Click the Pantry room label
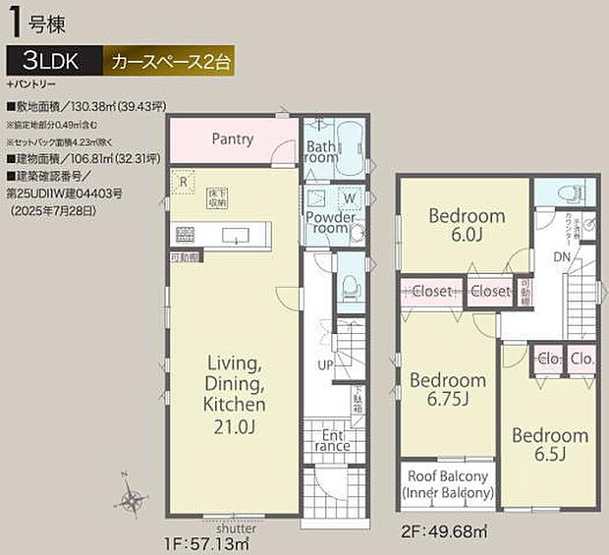click(x=232, y=139)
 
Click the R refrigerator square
click(x=183, y=181)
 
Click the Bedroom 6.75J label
click(x=447, y=391)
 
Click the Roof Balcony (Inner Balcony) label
click(x=447, y=483)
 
